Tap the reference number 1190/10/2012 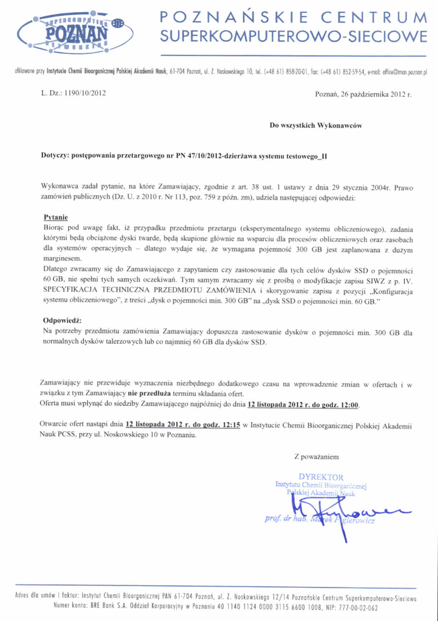[x=80, y=94]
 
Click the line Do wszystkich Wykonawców [x=315, y=126]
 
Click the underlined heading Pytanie [x=56, y=217]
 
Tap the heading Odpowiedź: [x=62, y=320]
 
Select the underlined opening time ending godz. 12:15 [x=183, y=425]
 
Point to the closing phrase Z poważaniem [x=317, y=455]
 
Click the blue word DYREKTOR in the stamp [x=321, y=477]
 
